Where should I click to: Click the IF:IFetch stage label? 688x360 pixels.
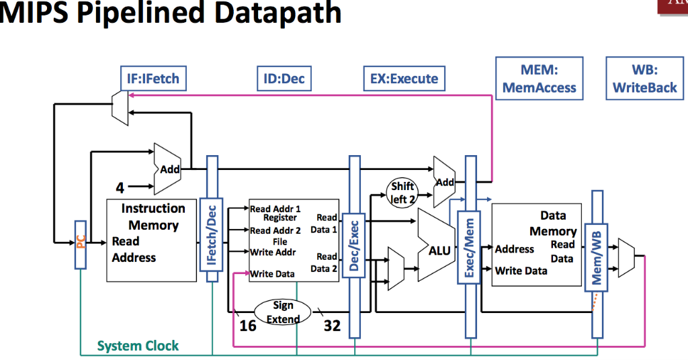pyautogui.click(x=153, y=79)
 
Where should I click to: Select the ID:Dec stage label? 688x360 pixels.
pyautogui.click(x=280, y=79)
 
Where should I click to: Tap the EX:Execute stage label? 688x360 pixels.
pyautogui.click(x=404, y=79)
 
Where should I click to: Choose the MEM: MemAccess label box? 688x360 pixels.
pyautogui.click(x=540, y=79)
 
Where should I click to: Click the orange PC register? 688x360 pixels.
pyautogui.click(x=81, y=242)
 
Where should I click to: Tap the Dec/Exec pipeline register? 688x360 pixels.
pyautogui.click(x=355, y=245)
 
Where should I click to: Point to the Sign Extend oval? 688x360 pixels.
pyautogui.click(x=283, y=312)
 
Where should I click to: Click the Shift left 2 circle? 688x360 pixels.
pyautogui.click(x=402, y=193)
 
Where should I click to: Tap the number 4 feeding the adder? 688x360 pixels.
pyautogui.click(x=120, y=187)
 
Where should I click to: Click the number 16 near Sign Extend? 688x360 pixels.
pyautogui.click(x=248, y=326)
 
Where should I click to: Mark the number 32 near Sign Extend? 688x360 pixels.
pyautogui.click(x=332, y=326)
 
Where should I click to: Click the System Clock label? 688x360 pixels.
pyautogui.click(x=138, y=346)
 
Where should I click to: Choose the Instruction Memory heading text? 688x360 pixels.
pyautogui.click(x=153, y=217)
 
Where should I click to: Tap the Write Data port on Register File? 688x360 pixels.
pyautogui.click(x=272, y=274)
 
